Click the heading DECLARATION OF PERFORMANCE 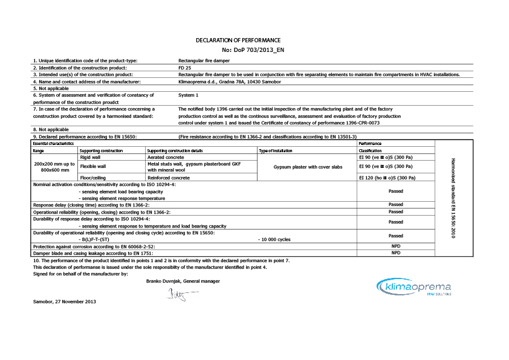(x=238, y=40)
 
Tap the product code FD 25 (x=185, y=68)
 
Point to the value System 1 (x=189, y=95)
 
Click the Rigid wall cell (x=91, y=156)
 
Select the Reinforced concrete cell (x=169, y=178)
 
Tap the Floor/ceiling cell (x=92, y=178)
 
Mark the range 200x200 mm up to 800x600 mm (x=54, y=167)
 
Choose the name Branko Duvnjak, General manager (x=183, y=281)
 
